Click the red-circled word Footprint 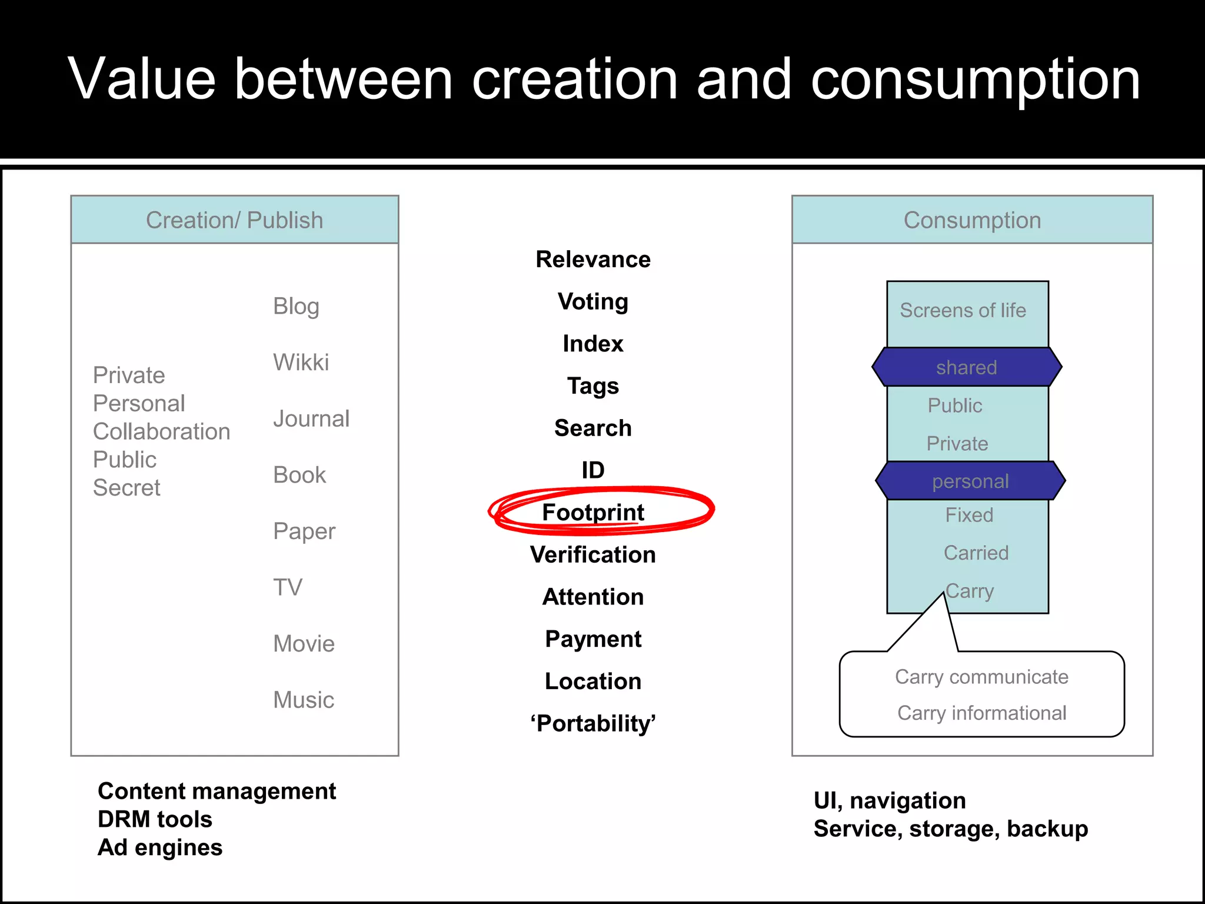click(x=593, y=512)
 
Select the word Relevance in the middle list click(x=593, y=260)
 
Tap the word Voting click(x=593, y=302)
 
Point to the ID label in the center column click(x=593, y=470)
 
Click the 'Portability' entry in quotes click(x=593, y=723)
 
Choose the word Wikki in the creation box click(x=301, y=363)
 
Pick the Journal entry click(x=311, y=419)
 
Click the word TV click(x=288, y=587)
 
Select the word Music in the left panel click(x=304, y=700)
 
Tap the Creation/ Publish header click(x=235, y=220)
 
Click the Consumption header click(x=972, y=220)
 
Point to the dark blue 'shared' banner click(x=967, y=367)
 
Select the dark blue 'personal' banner click(x=970, y=481)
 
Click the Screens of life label click(x=963, y=310)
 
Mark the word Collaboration click(x=162, y=431)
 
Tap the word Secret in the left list click(x=127, y=488)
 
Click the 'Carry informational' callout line click(x=981, y=713)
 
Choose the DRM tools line click(x=155, y=819)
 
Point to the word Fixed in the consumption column click(x=969, y=515)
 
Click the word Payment click(x=593, y=639)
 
